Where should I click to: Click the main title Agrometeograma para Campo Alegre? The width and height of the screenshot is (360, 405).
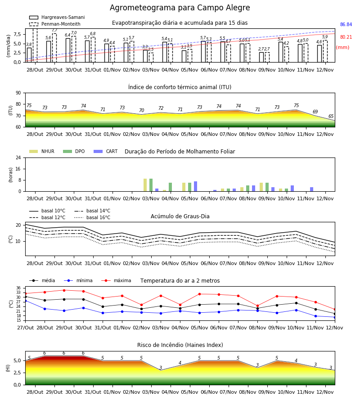180,8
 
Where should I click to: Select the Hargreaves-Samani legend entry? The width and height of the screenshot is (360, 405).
57,17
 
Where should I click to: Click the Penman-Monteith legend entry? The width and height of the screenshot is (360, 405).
55,24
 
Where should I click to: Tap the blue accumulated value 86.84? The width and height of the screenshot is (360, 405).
346,25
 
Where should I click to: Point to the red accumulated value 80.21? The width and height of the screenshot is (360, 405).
346,37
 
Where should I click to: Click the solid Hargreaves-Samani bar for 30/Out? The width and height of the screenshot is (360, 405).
68,50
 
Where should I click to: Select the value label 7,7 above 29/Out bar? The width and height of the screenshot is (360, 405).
54,30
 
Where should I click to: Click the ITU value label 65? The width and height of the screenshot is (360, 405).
331,116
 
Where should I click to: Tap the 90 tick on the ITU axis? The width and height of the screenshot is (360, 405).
18,93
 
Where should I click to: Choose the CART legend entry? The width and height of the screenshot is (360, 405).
106,151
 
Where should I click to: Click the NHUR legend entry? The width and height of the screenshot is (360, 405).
42,151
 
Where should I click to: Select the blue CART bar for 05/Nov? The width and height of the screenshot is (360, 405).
195,186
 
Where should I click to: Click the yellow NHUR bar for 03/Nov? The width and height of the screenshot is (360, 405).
145,185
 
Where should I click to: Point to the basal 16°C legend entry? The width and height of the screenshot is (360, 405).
92,217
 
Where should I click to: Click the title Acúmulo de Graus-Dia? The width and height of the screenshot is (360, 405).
180,216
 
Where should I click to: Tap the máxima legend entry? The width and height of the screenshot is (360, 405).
116,280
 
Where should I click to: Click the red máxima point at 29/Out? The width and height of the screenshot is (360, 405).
64,290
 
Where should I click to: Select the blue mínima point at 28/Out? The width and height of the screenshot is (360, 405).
45,309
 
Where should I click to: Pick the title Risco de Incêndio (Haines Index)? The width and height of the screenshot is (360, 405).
180,345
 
